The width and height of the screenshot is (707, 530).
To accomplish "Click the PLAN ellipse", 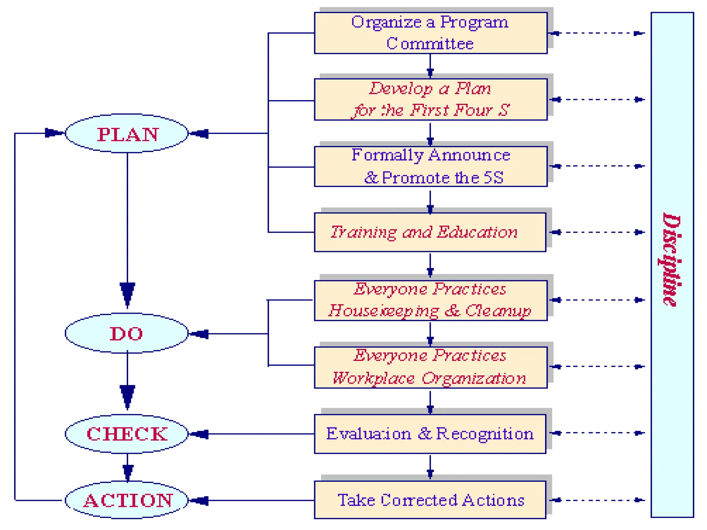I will click(127, 134).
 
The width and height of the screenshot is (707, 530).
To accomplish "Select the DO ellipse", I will click(127, 333).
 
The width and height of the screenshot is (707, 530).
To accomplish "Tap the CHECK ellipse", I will click(127, 434).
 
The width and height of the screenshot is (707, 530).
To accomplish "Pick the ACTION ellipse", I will click(127, 500).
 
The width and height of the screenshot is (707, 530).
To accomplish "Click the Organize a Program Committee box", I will click(430, 33).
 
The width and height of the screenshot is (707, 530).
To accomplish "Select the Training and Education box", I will click(430, 232).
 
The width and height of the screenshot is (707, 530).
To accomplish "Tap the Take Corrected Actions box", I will click(430, 500).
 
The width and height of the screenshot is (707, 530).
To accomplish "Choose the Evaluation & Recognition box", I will click(430, 434).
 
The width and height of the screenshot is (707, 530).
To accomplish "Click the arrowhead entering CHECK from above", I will click(127, 396).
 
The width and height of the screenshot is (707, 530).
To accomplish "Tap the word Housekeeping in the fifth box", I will click(383, 311).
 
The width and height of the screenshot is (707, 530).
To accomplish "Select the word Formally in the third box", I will click(387, 155).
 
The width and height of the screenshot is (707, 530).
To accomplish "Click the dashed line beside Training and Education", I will click(599, 232).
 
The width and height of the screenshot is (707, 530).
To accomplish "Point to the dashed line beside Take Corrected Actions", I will click(599, 500).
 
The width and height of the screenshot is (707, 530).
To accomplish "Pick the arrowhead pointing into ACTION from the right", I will click(200, 500).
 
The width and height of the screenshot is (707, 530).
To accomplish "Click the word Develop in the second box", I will click(400, 89).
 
